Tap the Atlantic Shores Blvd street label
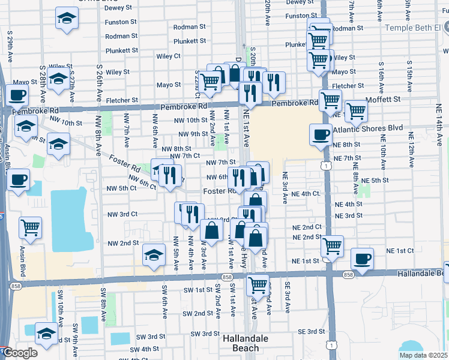click(x=369, y=128)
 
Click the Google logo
click(x=20, y=353)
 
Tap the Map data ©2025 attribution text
click(x=424, y=355)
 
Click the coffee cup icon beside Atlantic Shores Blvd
click(x=321, y=134)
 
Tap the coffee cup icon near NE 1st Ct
click(x=362, y=258)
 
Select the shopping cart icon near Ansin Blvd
click(x=30, y=227)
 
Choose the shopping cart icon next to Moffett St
click(x=357, y=110)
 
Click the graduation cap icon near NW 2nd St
click(x=154, y=255)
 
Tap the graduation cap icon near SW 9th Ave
click(x=46, y=333)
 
